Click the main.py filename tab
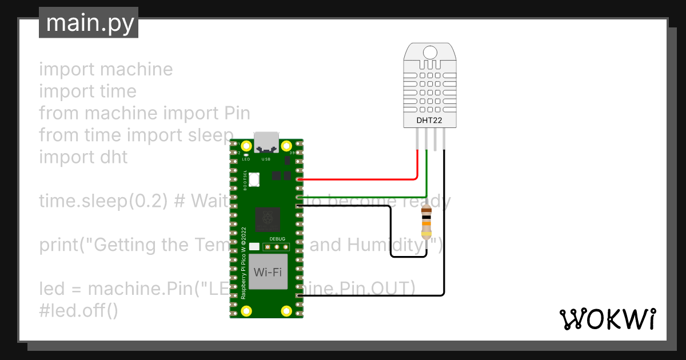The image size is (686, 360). pos(89,23)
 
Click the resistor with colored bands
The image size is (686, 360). pos(426,222)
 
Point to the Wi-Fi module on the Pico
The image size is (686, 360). pos(268,272)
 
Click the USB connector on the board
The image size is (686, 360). pos(267,141)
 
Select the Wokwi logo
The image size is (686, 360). pos(607,319)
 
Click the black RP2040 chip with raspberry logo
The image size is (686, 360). pos(268,219)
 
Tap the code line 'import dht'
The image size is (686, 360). pos(83,157)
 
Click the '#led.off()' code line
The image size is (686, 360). pos(78,311)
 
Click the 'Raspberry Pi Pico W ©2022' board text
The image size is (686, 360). pos(243,263)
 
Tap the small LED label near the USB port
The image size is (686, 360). pos(246,159)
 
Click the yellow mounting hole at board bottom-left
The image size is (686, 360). pos(246,311)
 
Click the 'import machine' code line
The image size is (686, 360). pos(106,69)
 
